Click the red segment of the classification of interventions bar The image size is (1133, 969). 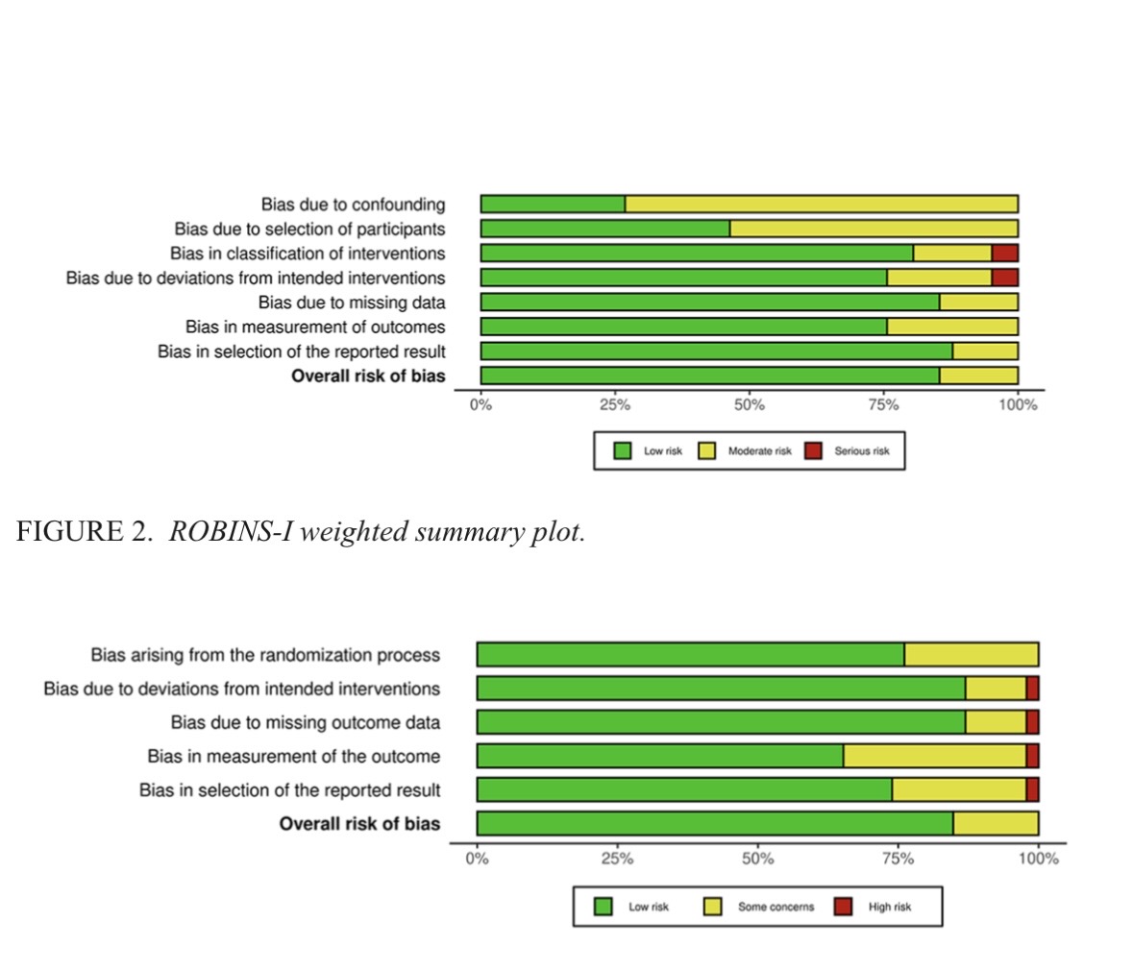[1004, 254]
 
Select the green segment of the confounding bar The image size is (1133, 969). [553, 205]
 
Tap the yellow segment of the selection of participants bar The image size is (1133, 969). [873, 229]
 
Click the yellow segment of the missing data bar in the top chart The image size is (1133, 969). [978, 303]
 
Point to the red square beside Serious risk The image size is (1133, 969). [814, 450]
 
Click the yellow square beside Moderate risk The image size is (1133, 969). [707, 450]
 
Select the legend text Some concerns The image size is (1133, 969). [776, 907]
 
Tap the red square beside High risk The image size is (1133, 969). [843, 907]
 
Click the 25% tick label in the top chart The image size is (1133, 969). [615, 405]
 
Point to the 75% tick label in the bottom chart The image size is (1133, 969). [898, 859]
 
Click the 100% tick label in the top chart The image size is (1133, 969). [1018, 405]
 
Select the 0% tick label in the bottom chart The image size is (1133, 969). [478, 859]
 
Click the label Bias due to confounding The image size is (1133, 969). [353, 205]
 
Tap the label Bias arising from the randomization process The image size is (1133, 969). [265, 655]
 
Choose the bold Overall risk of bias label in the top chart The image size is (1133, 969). [368, 375]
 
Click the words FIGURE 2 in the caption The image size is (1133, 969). [84, 532]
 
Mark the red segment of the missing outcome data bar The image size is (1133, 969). [1032, 722]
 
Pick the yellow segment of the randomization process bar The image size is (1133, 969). [971, 655]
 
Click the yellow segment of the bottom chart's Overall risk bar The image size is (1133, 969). [996, 823]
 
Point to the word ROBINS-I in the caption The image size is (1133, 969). [231, 532]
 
